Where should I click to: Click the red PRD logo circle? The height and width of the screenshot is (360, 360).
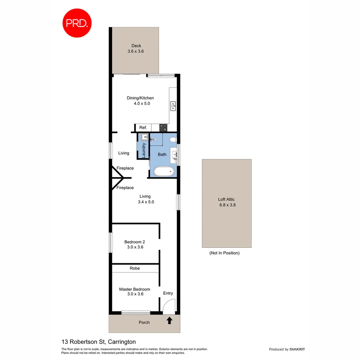tap(77, 23)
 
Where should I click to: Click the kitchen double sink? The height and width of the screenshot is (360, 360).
tap(173, 106)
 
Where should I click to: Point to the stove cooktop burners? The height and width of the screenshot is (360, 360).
tap(163, 127)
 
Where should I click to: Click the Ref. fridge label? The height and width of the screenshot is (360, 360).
tap(143, 128)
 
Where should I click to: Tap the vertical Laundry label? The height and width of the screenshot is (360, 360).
tap(144, 150)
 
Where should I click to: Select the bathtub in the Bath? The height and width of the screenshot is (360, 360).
tap(164, 171)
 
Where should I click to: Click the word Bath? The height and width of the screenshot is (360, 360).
tap(162, 154)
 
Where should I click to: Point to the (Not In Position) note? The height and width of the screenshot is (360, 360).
tap(224, 253)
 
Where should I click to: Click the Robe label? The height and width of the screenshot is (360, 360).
tap(135, 268)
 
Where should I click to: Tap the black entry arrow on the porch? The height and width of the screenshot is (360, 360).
tap(169, 321)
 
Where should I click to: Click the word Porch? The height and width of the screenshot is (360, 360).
tap(144, 323)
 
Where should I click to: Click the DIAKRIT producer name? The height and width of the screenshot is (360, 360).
tap(297, 349)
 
